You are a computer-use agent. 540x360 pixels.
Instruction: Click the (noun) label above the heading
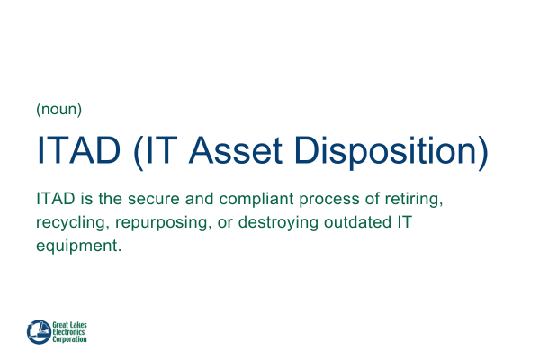[x=59, y=110]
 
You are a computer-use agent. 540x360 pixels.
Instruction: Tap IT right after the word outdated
[x=410, y=221]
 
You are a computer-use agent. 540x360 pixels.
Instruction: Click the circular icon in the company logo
[x=39, y=330]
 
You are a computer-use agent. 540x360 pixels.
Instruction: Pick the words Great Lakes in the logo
[x=71, y=324]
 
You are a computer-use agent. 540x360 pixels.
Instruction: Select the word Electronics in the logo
[x=71, y=331]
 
